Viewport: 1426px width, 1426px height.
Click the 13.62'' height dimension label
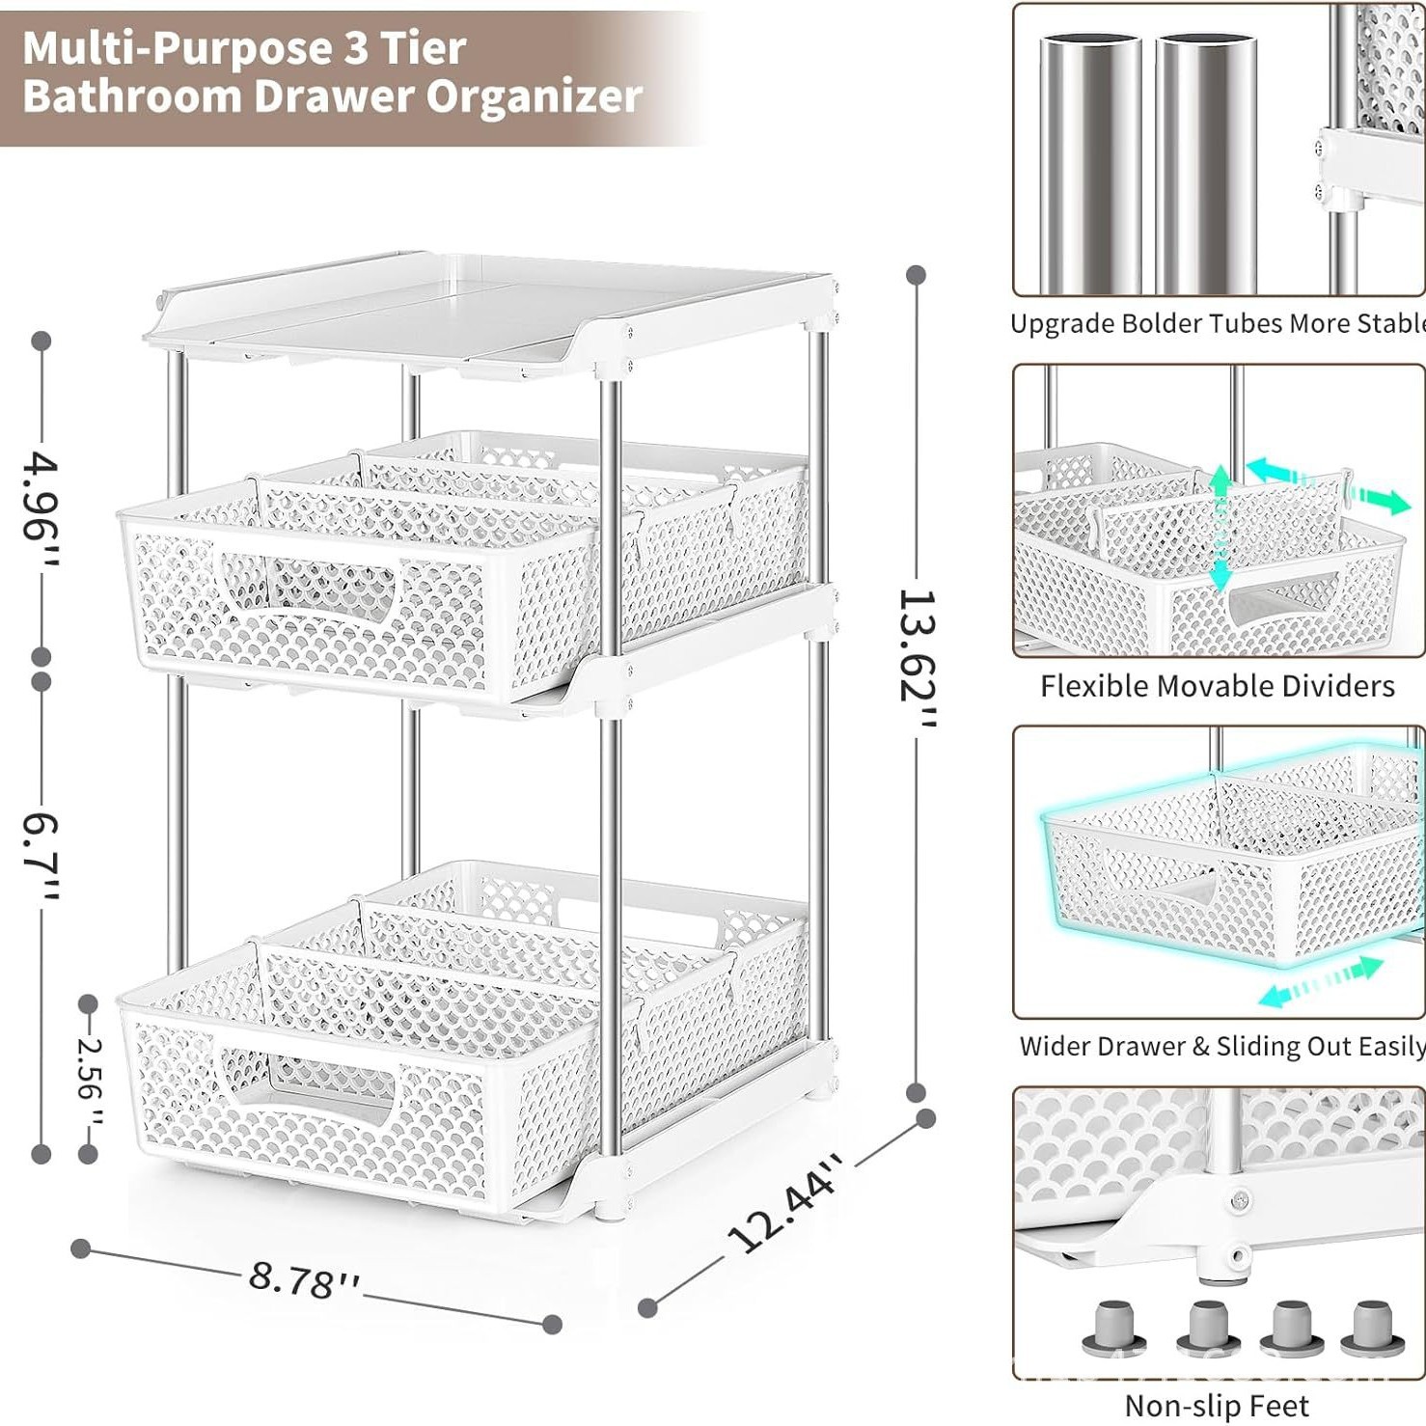(x=917, y=660)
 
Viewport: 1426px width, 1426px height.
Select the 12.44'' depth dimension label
(x=785, y=1203)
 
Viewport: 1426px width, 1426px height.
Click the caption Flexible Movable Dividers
(x=1217, y=686)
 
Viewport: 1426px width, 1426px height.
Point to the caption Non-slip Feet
(x=1217, y=1405)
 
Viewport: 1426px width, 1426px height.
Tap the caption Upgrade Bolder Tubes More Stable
(x=1217, y=323)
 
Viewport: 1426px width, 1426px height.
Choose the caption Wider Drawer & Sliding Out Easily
(x=1220, y=1046)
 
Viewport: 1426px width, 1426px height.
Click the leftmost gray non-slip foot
(x=1114, y=1329)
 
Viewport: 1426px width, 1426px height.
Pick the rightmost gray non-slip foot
(x=1372, y=1329)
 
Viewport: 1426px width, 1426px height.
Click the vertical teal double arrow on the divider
(x=1220, y=527)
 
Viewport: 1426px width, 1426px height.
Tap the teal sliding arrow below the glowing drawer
(x=1322, y=982)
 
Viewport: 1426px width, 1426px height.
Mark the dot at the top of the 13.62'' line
(x=917, y=275)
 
